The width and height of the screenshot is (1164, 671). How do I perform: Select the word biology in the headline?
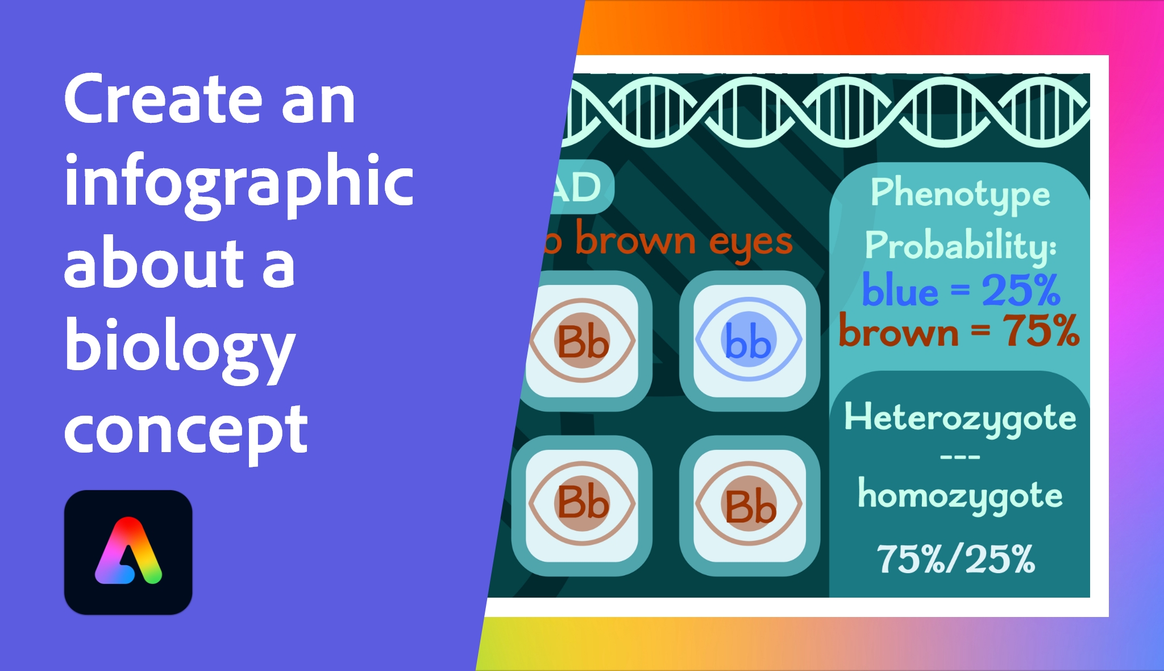tap(180, 347)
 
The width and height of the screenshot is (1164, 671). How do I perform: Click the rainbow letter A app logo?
tap(128, 552)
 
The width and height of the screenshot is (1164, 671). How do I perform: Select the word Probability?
tap(960, 246)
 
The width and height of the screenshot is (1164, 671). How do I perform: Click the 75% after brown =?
tap(1040, 332)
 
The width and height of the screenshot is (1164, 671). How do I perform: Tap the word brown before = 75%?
tap(899, 333)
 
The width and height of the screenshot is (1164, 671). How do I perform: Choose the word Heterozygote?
tap(960, 419)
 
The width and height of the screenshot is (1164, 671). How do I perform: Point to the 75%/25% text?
tap(956, 560)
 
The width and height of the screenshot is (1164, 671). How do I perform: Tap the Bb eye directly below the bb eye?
tap(749, 506)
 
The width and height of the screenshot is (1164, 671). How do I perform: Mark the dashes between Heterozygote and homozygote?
tap(960, 457)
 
